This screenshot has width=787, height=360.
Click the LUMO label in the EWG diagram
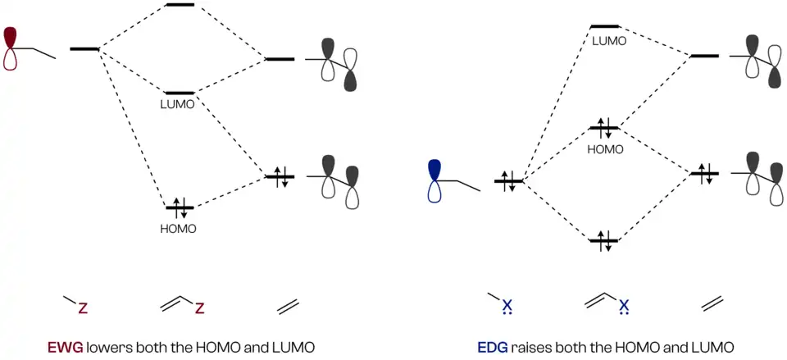point(179,106)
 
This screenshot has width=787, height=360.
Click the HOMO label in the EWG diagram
point(179,229)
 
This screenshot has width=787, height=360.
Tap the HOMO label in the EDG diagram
point(606,149)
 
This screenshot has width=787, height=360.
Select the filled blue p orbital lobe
point(435,171)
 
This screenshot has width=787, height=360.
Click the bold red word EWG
point(64,346)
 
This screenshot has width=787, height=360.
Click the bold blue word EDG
point(492,346)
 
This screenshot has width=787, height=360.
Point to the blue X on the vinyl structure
point(625,306)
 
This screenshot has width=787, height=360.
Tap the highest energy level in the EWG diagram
point(180,6)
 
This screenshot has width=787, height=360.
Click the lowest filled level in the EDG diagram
point(603,241)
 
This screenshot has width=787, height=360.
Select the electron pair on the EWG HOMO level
point(179,208)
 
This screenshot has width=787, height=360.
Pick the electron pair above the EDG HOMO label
point(603,128)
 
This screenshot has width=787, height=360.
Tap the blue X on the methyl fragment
point(507,306)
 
